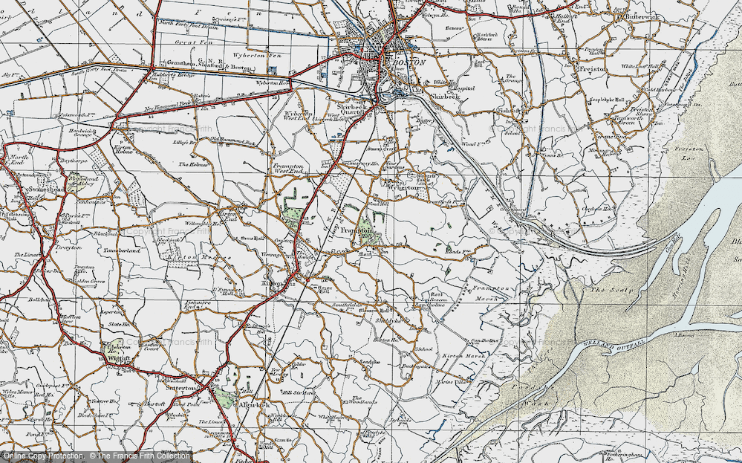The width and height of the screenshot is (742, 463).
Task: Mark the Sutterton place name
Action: (180, 388)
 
